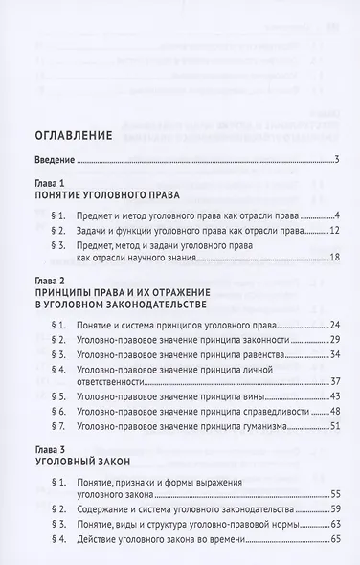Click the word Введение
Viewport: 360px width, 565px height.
[x=54, y=160]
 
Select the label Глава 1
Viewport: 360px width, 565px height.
[x=47, y=183]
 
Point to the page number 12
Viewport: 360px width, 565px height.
[x=335, y=231]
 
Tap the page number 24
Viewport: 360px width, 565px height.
[x=335, y=326]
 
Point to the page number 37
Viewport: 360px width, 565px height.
[x=335, y=380]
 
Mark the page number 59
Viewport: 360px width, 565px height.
[x=335, y=509]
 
